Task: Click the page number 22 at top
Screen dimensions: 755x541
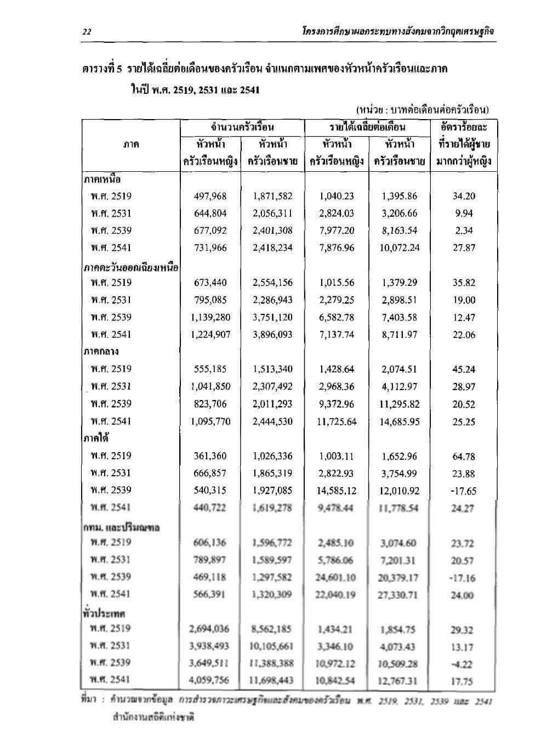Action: pyautogui.click(x=87, y=32)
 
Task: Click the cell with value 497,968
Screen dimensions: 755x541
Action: pyautogui.click(x=210, y=196)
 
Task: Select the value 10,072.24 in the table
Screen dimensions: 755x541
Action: pyautogui.click(x=398, y=248)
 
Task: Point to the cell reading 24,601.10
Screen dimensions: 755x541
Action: pyautogui.click(x=337, y=578)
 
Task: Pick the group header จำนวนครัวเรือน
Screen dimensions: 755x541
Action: pyautogui.click(x=242, y=128)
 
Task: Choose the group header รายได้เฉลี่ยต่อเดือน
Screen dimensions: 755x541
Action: pyautogui.click(x=367, y=128)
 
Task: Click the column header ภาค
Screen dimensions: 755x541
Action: pyautogui.click(x=131, y=145)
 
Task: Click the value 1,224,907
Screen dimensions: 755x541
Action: pyautogui.click(x=211, y=335)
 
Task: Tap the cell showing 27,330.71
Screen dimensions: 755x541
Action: pyautogui.click(x=398, y=595)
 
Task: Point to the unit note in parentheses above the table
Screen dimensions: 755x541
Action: pyautogui.click(x=422, y=110)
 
